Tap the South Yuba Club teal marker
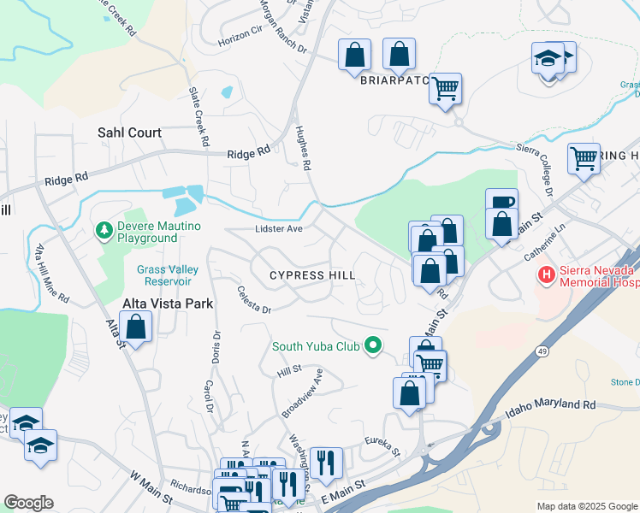pyautogui.click(x=372, y=346)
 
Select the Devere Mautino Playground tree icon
pyautogui.click(x=104, y=230)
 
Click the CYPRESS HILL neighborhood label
pyautogui.click(x=311, y=275)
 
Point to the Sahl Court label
pyautogui.click(x=129, y=133)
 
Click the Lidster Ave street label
pyautogui.click(x=279, y=229)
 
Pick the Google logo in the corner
pyautogui.click(x=28, y=503)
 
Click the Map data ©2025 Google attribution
pyautogui.click(x=587, y=506)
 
